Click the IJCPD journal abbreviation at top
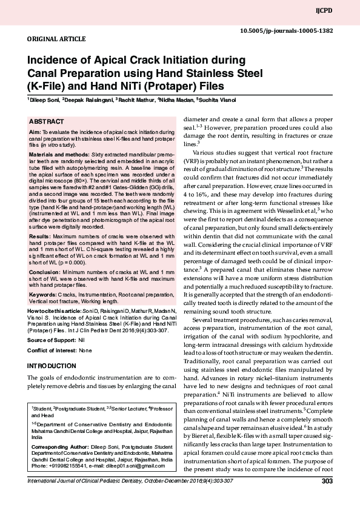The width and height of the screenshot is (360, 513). coord(341,10)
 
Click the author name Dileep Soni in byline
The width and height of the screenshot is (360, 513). coord(42,99)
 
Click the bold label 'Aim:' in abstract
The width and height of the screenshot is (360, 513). coord(35,132)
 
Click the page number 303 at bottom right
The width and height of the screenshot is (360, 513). coord(327,481)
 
